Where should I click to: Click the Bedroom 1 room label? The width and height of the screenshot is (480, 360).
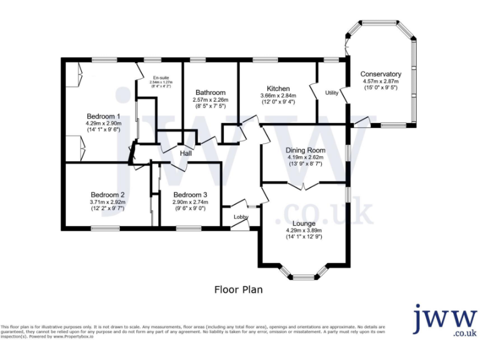104,116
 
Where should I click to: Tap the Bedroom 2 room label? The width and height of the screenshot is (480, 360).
107,194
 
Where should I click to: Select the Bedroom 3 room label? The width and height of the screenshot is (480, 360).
190,194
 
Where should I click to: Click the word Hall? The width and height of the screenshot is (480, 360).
186,154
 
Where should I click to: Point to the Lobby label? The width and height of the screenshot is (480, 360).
241,217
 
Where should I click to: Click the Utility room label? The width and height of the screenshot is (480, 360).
332,92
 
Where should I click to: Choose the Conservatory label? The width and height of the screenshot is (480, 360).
381,74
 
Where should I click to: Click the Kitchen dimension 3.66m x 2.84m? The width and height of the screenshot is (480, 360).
278,96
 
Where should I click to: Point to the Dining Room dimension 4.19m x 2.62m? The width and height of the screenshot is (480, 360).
306,157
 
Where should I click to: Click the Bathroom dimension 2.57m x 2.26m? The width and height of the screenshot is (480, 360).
210,100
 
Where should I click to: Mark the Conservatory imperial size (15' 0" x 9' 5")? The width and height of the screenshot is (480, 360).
381,88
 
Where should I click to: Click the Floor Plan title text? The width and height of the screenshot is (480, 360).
238,289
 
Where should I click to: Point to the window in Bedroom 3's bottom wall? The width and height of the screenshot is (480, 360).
184,227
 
